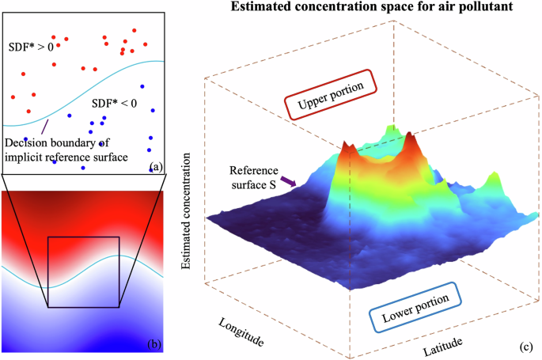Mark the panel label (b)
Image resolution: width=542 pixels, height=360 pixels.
point(154,343)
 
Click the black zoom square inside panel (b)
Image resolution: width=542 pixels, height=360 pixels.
point(83,271)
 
